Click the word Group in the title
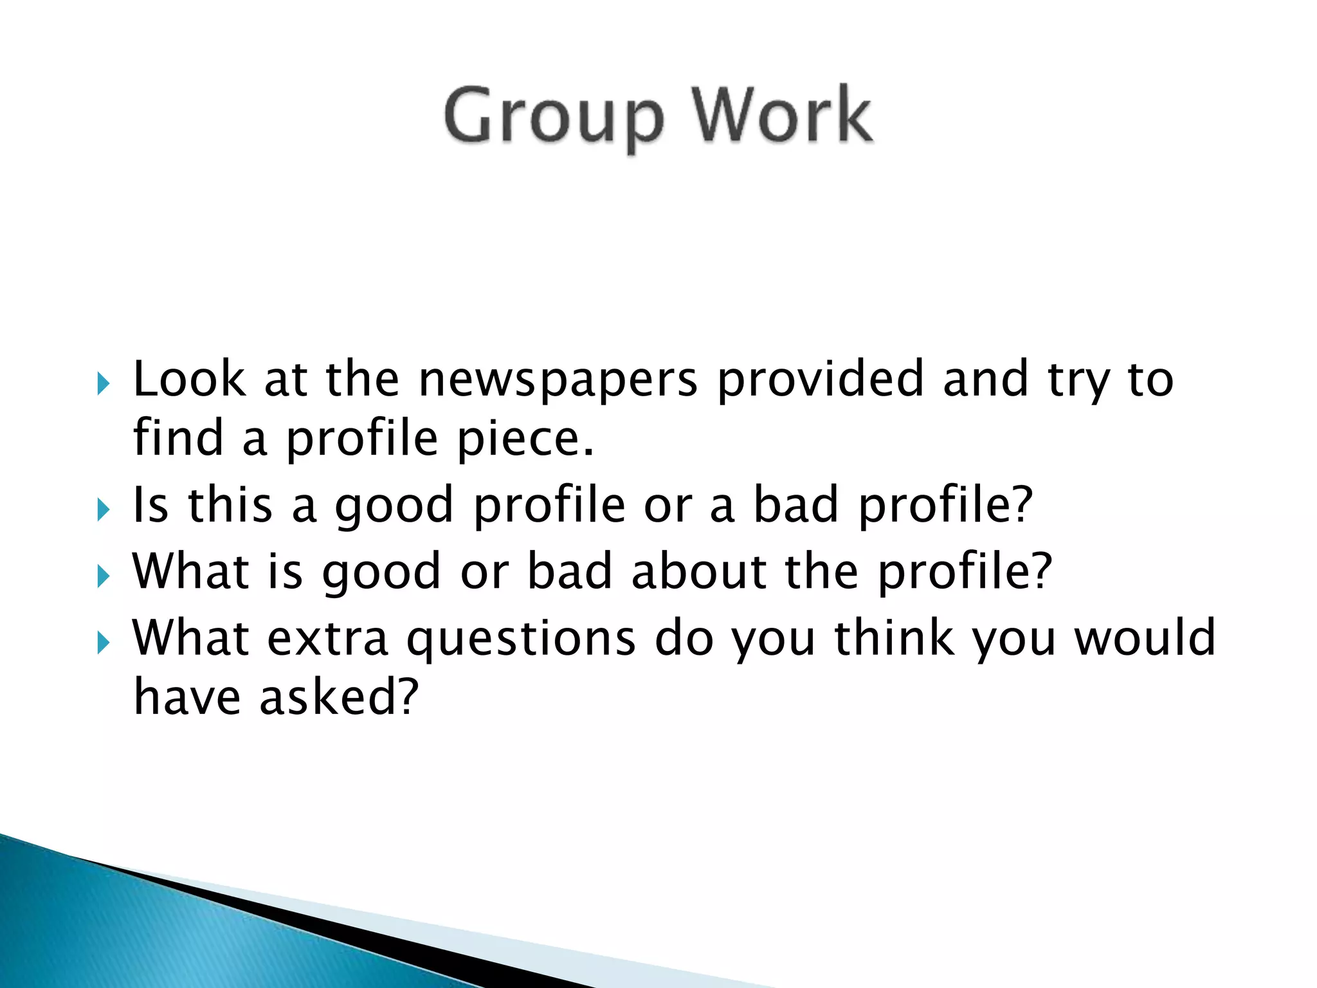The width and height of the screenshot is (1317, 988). point(553,117)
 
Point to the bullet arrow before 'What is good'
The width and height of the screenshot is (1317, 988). point(104,576)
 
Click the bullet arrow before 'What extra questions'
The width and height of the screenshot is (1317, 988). point(104,643)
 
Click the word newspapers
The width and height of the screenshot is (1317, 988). point(558,380)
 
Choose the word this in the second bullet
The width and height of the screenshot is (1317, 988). point(230,504)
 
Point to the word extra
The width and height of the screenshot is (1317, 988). point(327,638)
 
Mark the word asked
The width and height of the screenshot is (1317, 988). point(339,697)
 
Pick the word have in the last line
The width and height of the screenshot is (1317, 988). point(187,697)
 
